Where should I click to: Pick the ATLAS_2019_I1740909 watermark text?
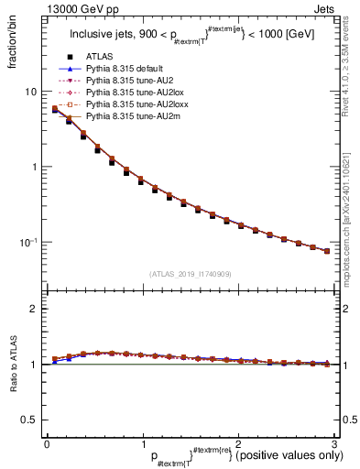click(x=191, y=273)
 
